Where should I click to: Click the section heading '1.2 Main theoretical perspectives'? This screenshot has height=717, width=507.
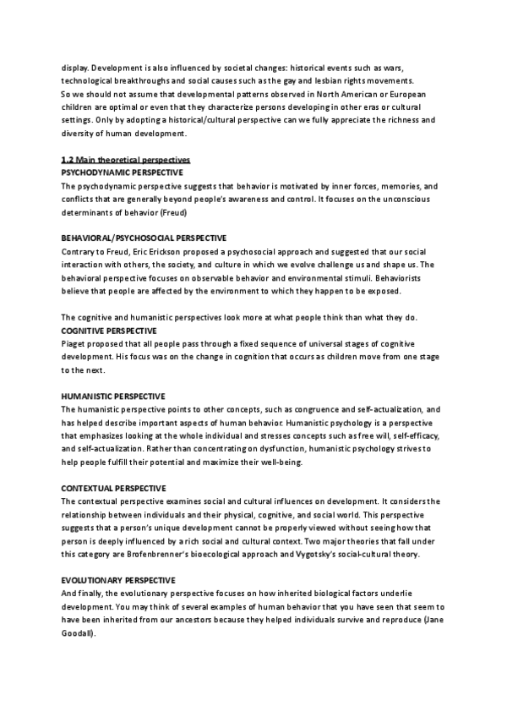tap(126, 160)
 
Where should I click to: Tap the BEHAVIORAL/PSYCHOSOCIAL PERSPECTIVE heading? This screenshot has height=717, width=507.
tap(144, 238)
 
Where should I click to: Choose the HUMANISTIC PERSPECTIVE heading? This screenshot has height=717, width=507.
tap(113, 396)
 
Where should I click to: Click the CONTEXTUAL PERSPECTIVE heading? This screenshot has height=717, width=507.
tap(114, 489)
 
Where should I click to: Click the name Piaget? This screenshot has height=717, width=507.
tap(74, 342)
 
